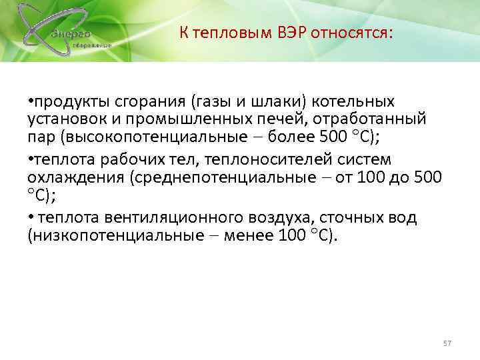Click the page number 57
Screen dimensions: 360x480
(x=447, y=343)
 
